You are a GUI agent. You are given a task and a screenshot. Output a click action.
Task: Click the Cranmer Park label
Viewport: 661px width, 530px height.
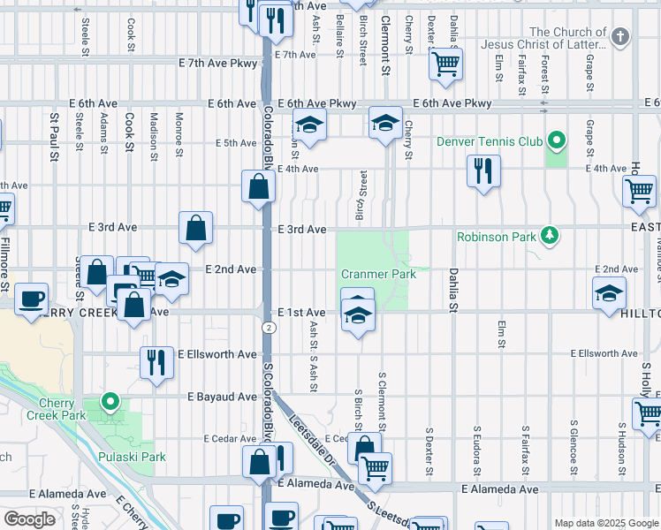(x=378, y=274)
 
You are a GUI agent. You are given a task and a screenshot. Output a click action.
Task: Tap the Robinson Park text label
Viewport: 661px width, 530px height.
(x=496, y=237)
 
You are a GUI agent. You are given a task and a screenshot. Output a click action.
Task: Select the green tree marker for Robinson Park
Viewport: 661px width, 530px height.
(x=551, y=235)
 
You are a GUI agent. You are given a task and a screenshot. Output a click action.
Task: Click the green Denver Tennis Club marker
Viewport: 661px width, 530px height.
(x=556, y=140)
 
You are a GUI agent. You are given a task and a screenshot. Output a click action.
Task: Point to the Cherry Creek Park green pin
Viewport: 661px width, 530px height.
(x=110, y=402)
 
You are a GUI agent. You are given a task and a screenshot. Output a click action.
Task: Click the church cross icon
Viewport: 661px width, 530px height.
(x=620, y=37)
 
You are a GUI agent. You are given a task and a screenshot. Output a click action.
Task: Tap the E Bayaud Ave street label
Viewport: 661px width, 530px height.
(x=222, y=397)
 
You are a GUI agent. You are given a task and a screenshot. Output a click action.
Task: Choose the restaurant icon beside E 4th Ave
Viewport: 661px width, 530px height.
(x=483, y=170)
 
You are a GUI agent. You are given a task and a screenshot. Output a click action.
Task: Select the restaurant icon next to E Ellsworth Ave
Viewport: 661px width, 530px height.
(x=156, y=361)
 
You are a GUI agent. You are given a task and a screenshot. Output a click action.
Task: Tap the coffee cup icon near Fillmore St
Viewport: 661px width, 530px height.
(x=33, y=299)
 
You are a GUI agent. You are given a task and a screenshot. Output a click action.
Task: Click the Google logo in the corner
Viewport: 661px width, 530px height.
(x=29, y=519)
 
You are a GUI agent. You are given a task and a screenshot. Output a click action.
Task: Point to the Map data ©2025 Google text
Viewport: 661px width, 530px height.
(x=604, y=523)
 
